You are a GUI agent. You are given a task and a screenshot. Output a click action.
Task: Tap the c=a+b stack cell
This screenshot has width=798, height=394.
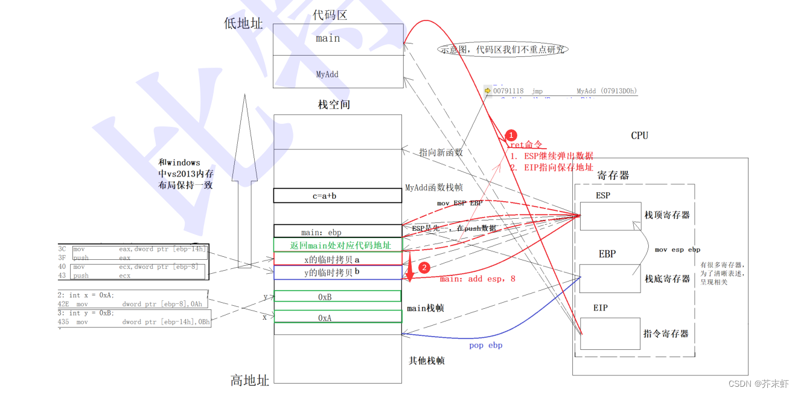coord(337,196)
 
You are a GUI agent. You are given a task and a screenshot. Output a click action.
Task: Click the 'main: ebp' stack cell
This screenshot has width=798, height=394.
coord(337,231)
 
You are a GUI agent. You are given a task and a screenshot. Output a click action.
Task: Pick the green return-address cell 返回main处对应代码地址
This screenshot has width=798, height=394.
coord(337,245)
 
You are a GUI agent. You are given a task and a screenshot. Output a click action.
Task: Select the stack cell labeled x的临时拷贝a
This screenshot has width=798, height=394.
coord(337,259)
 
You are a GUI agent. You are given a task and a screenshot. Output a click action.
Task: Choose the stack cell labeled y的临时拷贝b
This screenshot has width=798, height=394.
coord(337,273)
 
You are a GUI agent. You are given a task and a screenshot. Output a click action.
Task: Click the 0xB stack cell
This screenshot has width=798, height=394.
coord(337,296)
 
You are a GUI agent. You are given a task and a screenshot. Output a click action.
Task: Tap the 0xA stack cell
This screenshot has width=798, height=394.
coord(337,317)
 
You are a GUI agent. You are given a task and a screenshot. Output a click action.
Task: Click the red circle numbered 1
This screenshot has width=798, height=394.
coord(511,135)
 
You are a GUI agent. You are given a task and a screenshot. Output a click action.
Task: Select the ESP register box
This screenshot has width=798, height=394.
coord(610,216)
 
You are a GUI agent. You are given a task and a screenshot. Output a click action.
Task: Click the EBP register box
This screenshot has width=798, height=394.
coord(610,278)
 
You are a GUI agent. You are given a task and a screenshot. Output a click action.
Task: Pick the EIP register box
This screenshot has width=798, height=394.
coord(610,334)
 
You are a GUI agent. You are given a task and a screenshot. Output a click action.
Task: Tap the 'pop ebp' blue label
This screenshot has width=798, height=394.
coord(485,346)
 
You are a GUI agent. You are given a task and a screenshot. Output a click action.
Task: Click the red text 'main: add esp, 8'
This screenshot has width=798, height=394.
coord(477,279)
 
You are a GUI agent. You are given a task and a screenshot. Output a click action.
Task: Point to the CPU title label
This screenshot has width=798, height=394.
coord(639,135)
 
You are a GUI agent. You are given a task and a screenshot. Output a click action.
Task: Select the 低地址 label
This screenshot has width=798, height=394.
coord(243,24)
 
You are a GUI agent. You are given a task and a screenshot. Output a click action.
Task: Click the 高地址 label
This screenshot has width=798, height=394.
coord(249,380)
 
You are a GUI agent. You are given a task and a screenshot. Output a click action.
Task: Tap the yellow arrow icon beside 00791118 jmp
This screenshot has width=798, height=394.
coord(488,91)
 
